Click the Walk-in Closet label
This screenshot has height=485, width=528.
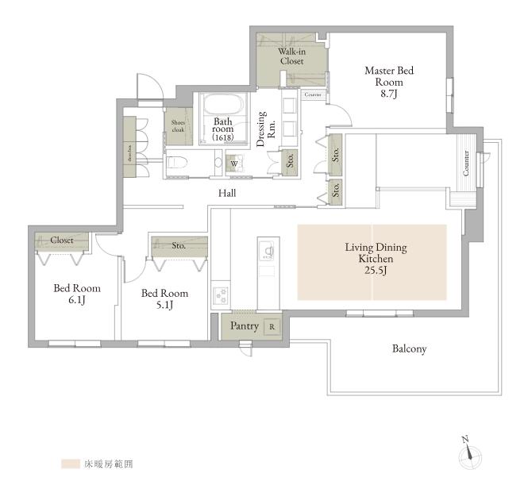290,56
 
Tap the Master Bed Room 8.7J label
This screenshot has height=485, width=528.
388,82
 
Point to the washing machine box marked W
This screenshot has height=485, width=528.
233,164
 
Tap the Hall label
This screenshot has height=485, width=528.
228,193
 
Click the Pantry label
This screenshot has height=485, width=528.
244,326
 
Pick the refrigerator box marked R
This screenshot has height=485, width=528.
272,326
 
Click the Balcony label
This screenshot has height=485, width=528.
409,348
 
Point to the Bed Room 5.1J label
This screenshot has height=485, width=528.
164,298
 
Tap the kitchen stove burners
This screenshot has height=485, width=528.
220,296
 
